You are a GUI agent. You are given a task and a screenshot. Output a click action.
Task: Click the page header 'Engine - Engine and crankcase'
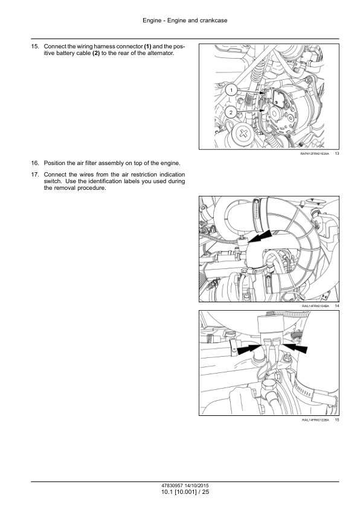tap(185, 21)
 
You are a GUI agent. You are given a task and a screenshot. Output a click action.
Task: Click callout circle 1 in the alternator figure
tap(231, 89)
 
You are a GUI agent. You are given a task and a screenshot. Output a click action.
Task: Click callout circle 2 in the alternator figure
tap(231, 112)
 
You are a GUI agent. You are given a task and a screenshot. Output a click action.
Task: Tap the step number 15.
tap(34, 47)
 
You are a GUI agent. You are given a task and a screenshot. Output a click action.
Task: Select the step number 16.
tap(34, 163)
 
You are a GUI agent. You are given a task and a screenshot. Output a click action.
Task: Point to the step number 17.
tap(34, 175)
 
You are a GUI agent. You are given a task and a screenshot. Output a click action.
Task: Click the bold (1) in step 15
tap(147, 47)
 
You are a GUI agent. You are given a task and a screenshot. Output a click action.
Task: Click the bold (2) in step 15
tap(96, 53)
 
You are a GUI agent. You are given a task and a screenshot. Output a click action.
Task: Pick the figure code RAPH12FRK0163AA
tap(315, 154)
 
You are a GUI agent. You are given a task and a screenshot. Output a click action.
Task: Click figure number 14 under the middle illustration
tap(337, 306)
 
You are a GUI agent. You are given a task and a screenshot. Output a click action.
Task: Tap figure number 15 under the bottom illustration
tap(337, 420)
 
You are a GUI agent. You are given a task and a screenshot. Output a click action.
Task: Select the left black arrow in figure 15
tap(249, 349)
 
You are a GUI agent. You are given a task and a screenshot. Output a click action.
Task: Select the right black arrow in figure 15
tap(295, 348)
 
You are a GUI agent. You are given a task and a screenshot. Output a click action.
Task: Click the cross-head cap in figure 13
tap(243, 134)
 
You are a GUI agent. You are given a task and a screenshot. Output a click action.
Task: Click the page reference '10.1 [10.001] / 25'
tap(185, 492)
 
